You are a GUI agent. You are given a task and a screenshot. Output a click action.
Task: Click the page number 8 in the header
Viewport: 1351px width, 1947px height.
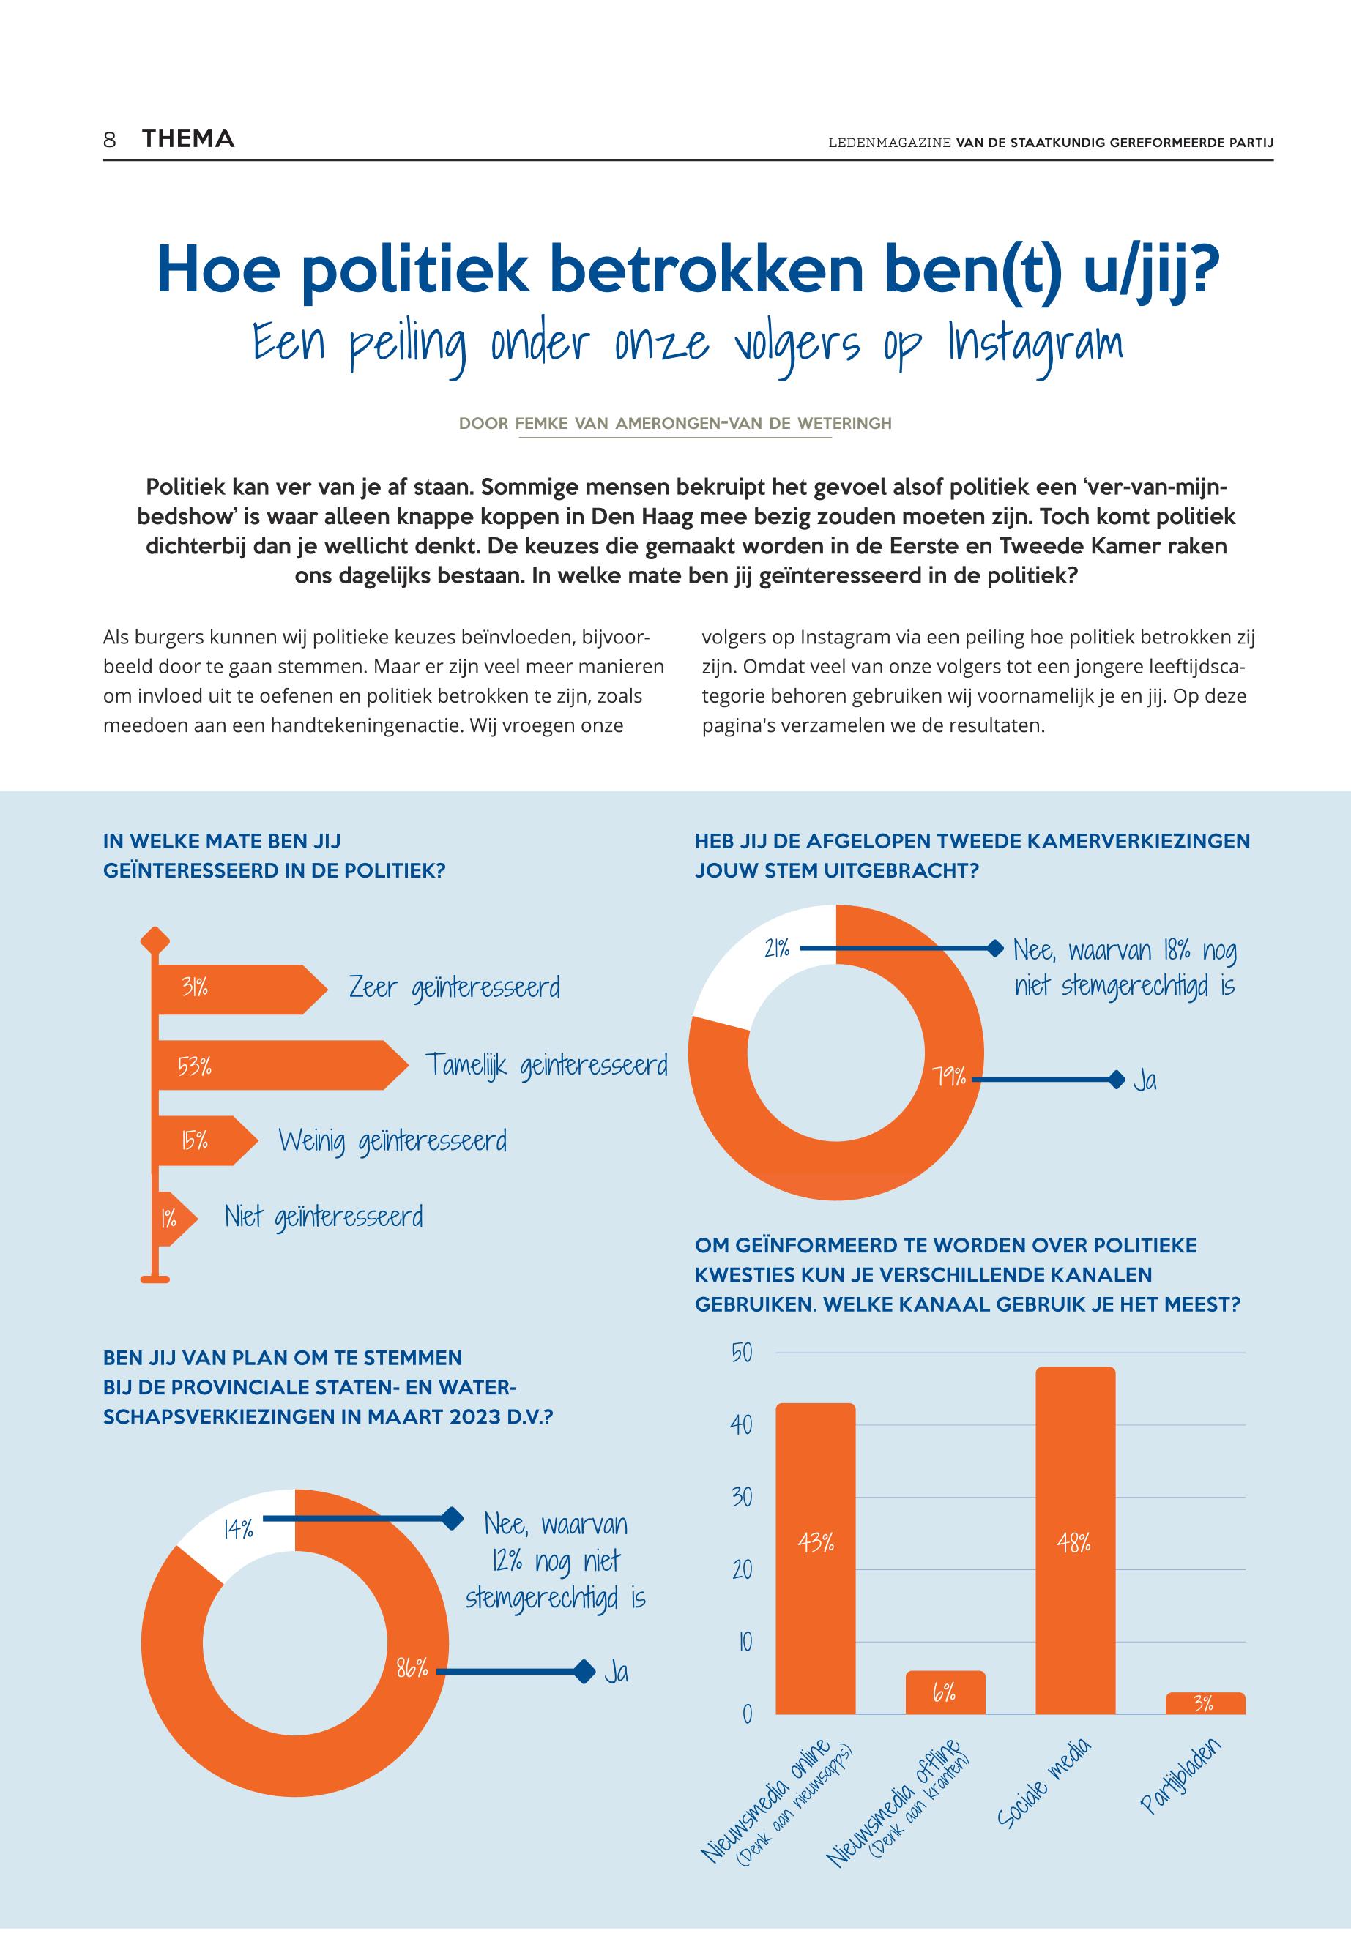coord(109,140)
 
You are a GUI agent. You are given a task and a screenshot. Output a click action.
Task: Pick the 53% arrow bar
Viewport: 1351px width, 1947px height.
coord(271,1065)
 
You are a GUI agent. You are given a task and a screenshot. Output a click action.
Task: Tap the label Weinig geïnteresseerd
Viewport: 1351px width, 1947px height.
coord(392,1141)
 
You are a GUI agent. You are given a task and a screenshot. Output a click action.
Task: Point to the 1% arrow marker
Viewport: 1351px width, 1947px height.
coord(172,1219)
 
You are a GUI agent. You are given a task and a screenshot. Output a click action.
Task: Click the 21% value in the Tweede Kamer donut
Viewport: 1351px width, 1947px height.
coord(776,949)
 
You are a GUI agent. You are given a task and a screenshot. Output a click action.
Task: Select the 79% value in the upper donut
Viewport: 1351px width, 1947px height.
coord(950,1077)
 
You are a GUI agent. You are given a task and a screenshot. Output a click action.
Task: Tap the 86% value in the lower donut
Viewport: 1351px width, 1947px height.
coord(412,1669)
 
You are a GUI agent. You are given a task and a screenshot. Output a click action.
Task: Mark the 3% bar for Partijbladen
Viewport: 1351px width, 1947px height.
coord(1205,1703)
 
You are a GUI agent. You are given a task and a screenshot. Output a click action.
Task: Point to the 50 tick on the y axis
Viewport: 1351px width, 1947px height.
coord(742,1353)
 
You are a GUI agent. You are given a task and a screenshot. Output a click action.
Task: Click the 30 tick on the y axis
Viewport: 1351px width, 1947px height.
coord(742,1497)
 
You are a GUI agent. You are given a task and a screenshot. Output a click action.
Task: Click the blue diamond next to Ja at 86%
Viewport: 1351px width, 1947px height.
coord(582,1671)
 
